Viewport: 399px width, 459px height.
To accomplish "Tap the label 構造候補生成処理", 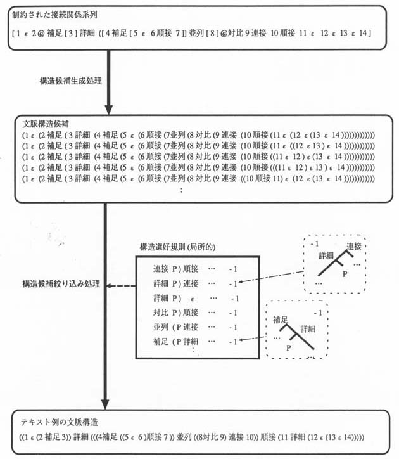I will pos(70,81).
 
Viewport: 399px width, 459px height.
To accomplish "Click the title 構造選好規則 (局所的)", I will pos(175,247).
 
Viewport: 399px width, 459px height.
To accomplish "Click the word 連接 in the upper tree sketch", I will pos(354,246).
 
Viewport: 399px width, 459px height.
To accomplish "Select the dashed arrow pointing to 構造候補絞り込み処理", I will pos(121,286).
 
